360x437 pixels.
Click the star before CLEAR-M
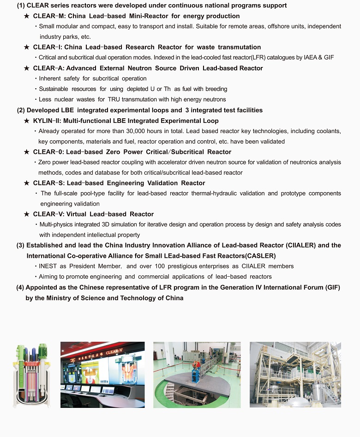[27, 16]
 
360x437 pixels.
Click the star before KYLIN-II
[27, 121]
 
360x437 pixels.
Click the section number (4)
[20, 287]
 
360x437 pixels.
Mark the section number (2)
[21, 110]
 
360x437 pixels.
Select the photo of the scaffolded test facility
[295, 374]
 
